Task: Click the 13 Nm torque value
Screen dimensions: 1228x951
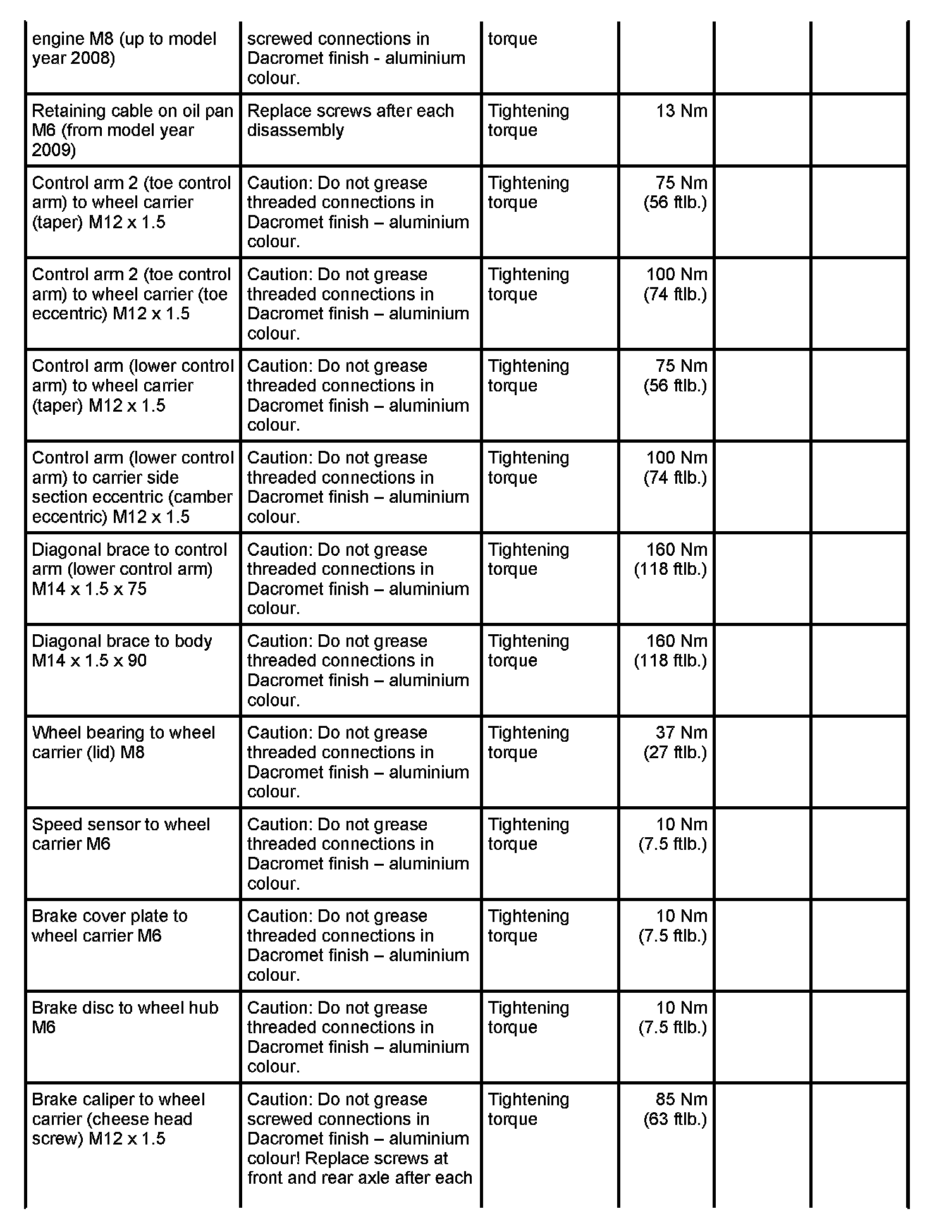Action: coord(681,111)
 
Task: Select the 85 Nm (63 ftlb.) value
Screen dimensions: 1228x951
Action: coord(675,1109)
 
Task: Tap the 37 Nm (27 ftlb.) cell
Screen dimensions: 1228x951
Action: coord(675,742)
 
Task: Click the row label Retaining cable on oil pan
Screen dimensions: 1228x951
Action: coord(132,111)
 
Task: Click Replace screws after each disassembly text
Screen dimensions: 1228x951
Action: coord(350,120)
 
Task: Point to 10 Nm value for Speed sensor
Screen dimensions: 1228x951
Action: coord(682,825)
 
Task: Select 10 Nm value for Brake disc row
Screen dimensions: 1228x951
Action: coord(682,1008)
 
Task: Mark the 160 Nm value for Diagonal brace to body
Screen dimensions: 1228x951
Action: coord(676,641)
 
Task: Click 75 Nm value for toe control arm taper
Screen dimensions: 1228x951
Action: coord(681,183)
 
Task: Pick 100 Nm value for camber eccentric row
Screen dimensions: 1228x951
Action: coord(676,458)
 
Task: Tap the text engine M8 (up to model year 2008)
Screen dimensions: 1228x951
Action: coord(124,48)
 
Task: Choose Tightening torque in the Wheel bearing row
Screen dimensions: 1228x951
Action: coord(529,742)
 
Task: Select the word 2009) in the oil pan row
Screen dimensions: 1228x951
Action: coord(54,150)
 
